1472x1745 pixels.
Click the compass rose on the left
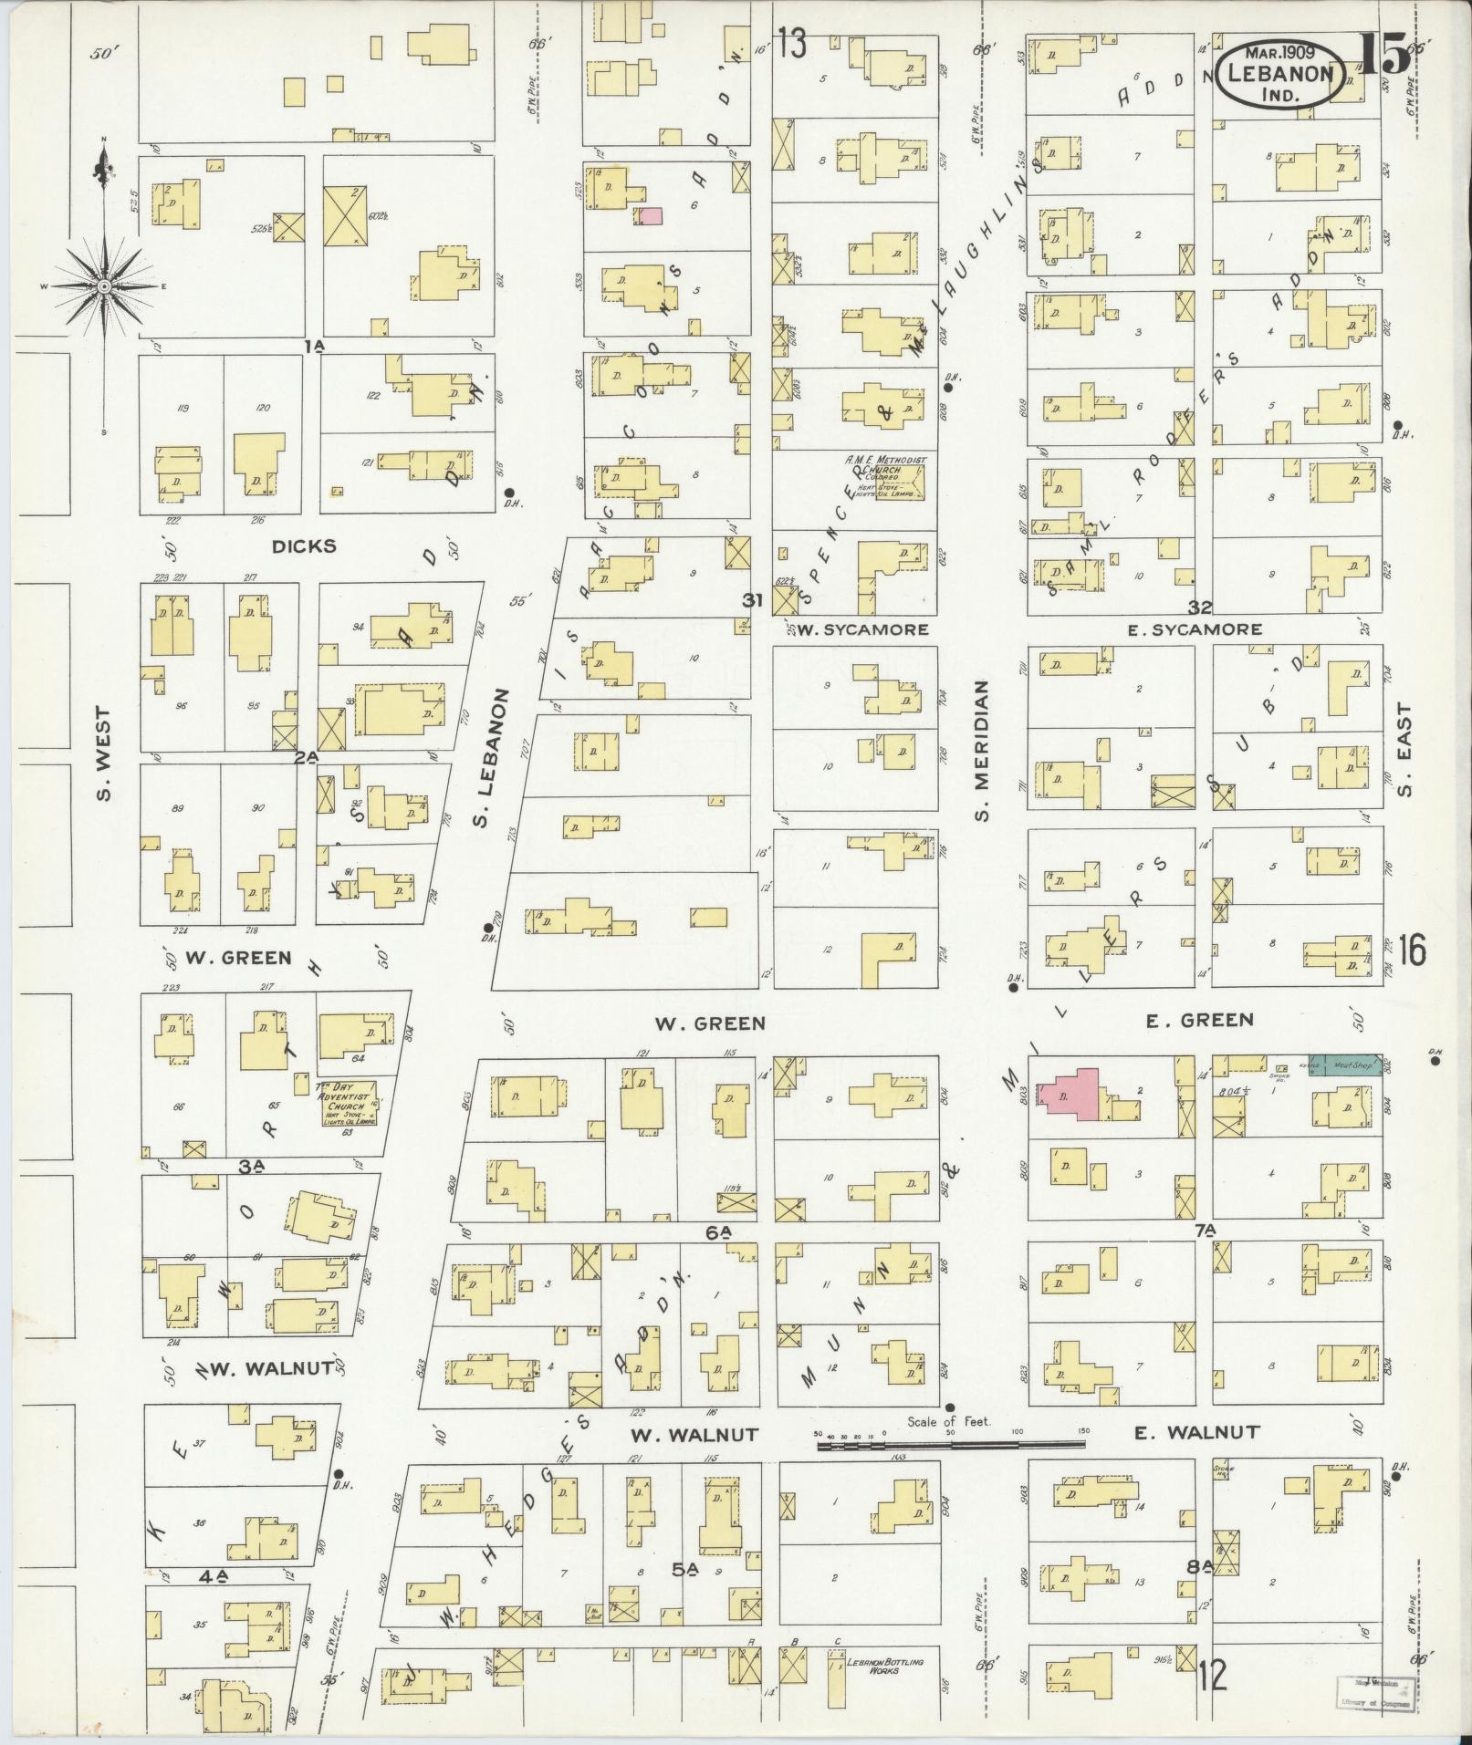pos(104,286)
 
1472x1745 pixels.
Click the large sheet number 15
pos(1383,55)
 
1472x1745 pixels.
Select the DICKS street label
pos(304,546)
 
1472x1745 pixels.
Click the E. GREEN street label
pos(1199,1021)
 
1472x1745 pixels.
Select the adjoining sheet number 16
pos(1410,951)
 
